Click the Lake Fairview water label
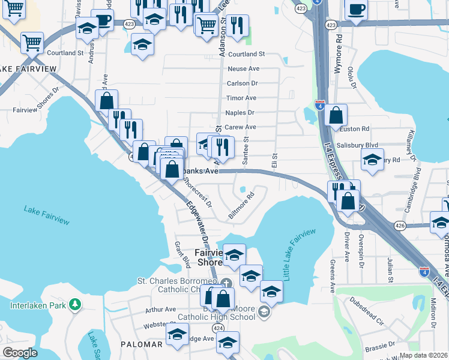coord(47,215)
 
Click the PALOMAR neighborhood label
coord(142,344)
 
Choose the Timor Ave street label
coord(241,98)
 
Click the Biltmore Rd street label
coord(242,205)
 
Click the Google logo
coord(20,353)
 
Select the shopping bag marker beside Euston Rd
coord(336,115)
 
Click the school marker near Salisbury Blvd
coord(372,160)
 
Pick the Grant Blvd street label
coord(181,254)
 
